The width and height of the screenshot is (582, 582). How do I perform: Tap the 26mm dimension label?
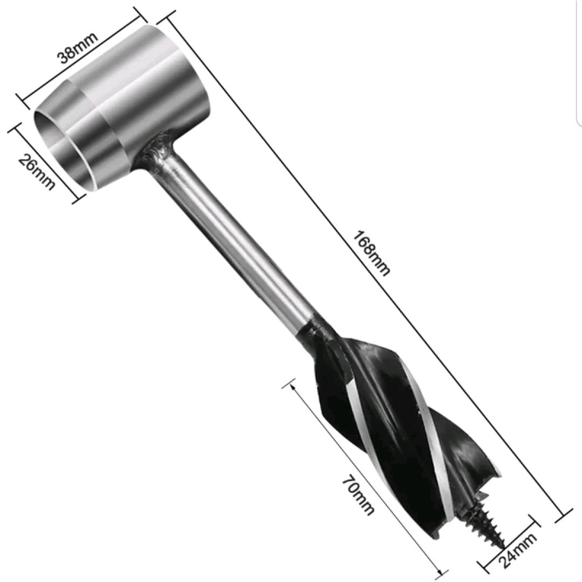pos(37,171)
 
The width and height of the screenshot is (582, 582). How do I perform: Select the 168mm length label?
pos(371,253)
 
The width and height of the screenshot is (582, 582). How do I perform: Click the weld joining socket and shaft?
pos(157,150)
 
